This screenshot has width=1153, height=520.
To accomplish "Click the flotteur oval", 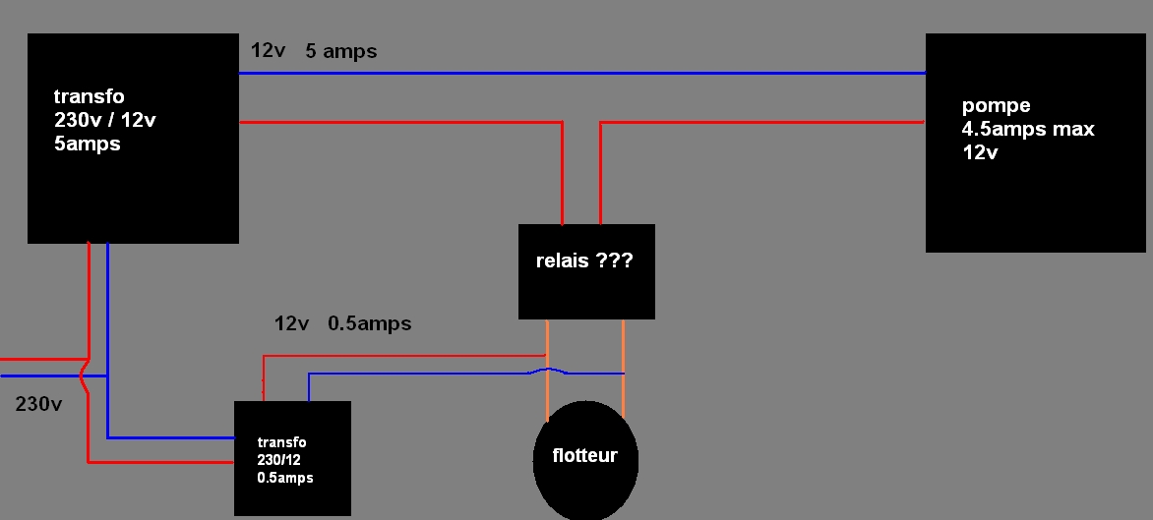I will coord(586,482).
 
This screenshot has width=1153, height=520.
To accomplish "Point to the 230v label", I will coord(39,404).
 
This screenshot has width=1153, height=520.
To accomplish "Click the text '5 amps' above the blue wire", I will coord(341,51).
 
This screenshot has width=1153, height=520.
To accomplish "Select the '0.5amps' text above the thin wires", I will coord(369,322).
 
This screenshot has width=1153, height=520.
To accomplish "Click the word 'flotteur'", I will coord(584,456).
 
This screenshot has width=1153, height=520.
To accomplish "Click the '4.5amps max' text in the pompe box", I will coord(1028,129).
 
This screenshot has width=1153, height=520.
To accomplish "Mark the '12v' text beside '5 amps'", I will coord(268,51).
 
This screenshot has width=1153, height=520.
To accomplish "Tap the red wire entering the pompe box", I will coord(767,122).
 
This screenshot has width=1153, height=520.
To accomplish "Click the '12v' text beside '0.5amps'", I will coord(292,322).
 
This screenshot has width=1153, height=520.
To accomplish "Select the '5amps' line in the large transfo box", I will coord(87,144).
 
